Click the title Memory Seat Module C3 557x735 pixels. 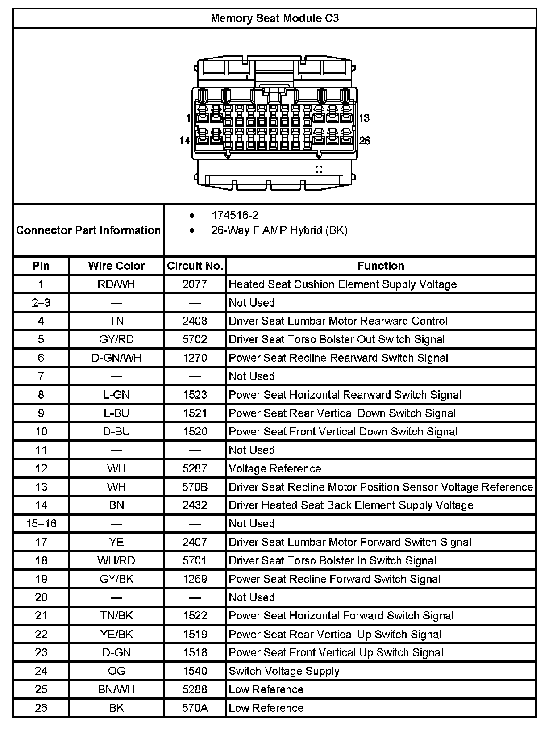[x=274, y=18]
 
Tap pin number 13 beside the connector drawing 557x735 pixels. [x=364, y=118]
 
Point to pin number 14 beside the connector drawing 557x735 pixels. [x=184, y=141]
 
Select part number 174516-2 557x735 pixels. [x=235, y=215]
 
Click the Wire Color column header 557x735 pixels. [x=116, y=266]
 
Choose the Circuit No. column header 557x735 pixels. [x=195, y=266]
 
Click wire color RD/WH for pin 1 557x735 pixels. [x=116, y=284]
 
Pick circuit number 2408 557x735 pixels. [x=195, y=321]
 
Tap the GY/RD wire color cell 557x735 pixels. [x=116, y=339]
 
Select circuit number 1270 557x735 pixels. [x=195, y=358]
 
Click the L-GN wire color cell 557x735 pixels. [x=116, y=395]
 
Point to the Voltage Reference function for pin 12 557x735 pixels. [x=275, y=468]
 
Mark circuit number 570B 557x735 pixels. [x=195, y=487]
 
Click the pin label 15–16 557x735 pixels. [x=41, y=523]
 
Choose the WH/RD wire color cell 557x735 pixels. [x=116, y=560]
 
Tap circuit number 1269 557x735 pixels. [x=195, y=579]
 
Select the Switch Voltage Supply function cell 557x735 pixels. [x=284, y=671]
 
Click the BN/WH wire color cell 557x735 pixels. [x=116, y=689]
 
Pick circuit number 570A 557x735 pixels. [x=195, y=708]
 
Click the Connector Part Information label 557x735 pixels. [x=88, y=230]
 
